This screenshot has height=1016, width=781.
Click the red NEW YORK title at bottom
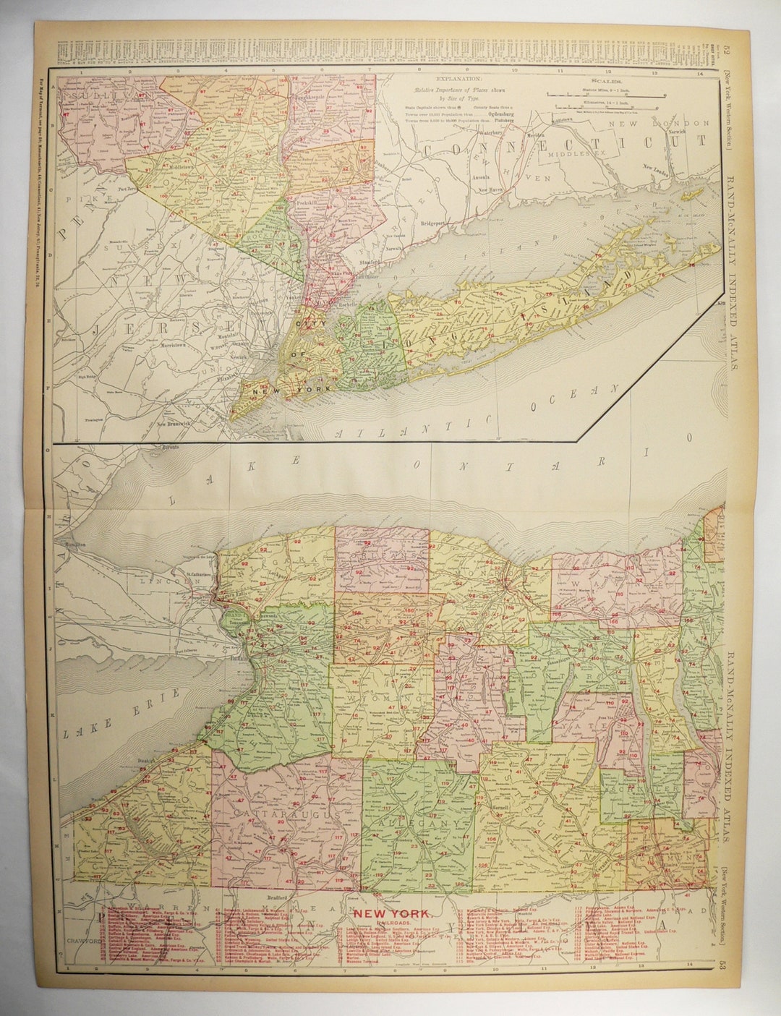click(x=390, y=912)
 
